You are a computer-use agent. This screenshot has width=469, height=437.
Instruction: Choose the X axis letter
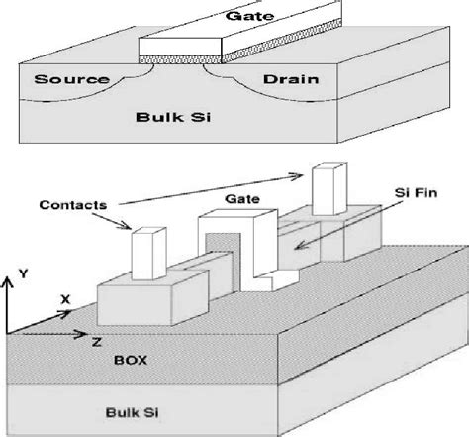click(x=63, y=297)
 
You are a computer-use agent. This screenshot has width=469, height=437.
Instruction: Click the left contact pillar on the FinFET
click(x=147, y=256)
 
